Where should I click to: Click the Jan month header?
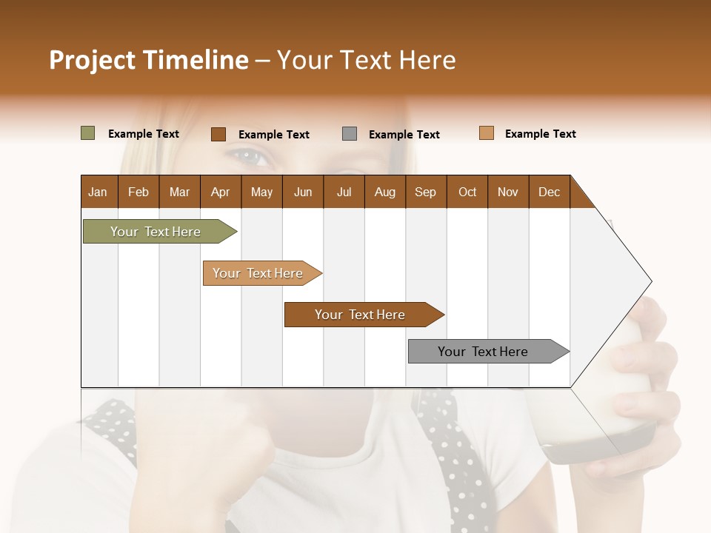click(98, 192)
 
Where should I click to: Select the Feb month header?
click(138, 192)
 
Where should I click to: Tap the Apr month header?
click(220, 192)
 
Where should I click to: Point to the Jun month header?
click(303, 192)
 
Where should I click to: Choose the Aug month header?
click(384, 192)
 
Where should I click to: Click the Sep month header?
click(425, 192)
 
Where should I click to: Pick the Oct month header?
click(467, 192)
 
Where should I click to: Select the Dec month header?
click(549, 192)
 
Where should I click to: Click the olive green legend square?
click(87, 133)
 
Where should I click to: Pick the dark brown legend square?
click(218, 134)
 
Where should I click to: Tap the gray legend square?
click(350, 134)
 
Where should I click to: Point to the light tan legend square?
click(486, 133)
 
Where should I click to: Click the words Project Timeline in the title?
click(148, 60)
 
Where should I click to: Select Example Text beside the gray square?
click(404, 135)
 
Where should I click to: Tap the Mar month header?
click(179, 192)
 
